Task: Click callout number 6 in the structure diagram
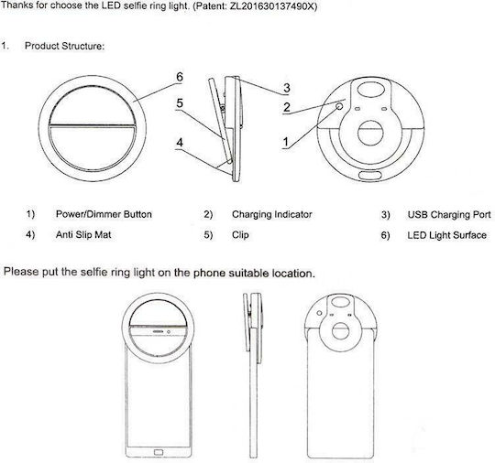tap(180, 77)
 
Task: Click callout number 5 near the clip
tap(180, 103)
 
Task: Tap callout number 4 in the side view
tap(180, 143)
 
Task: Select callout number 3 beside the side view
tap(287, 88)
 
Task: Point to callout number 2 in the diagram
tap(287, 107)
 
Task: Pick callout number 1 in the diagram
tap(286, 142)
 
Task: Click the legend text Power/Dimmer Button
tap(104, 214)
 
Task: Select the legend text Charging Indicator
tap(272, 215)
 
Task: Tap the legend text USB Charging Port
tap(449, 215)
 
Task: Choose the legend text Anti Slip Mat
tap(83, 235)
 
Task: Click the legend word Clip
tap(240, 235)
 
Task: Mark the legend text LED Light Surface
tap(446, 235)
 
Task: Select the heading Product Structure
tap(64, 46)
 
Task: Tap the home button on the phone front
tap(159, 453)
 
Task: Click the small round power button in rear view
tap(339, 106)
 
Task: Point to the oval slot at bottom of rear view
tap(370, 176)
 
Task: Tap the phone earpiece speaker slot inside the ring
tap(159, 332)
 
